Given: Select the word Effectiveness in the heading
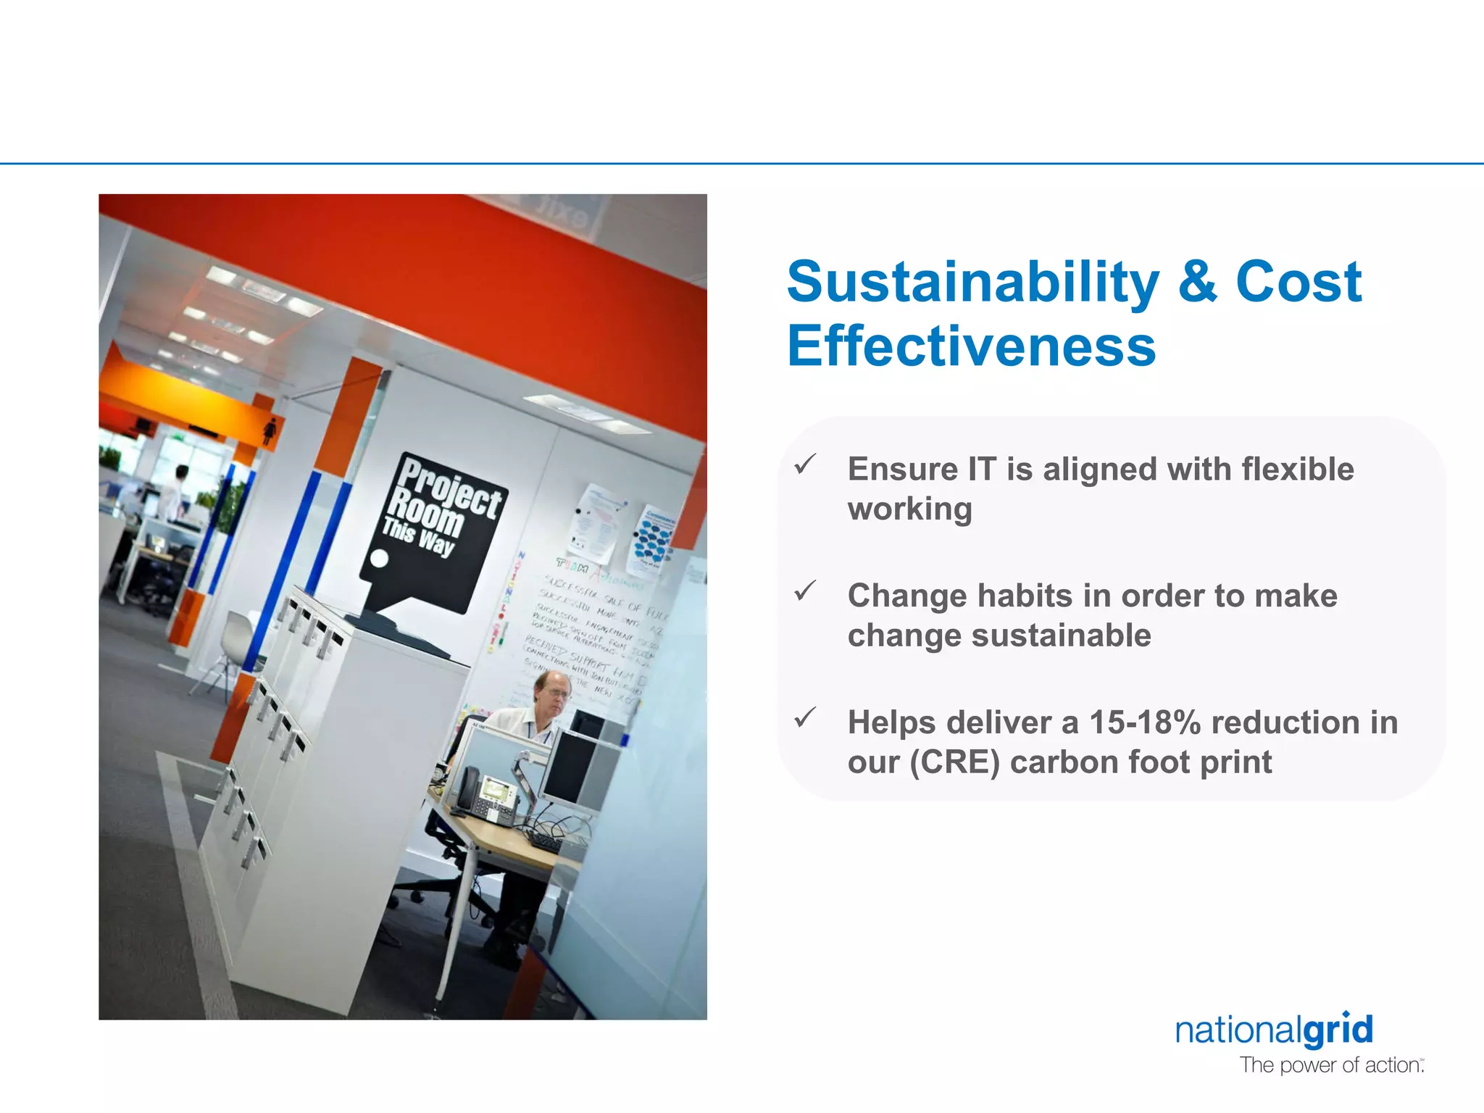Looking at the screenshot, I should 971,346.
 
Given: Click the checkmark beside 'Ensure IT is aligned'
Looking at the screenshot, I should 805,464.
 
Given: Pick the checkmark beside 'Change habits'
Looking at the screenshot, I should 805,591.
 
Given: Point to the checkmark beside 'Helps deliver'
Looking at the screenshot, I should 805,717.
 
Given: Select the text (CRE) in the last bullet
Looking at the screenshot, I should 955,762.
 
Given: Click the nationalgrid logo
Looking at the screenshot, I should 1274,1030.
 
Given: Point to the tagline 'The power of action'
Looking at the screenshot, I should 1330,1065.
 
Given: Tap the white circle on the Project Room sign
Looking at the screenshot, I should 379,559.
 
